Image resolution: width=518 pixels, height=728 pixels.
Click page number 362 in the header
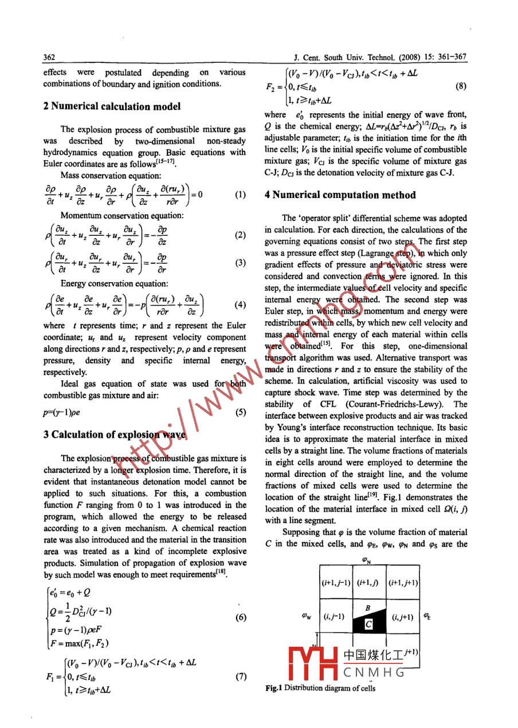coord(49,57)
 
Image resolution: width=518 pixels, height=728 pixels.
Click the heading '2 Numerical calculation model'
coord(112,106)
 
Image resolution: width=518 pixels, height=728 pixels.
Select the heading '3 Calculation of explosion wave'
coord(115,434)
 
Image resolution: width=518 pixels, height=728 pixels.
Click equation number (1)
coord(241,195)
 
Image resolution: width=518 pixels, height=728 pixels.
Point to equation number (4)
coord(241,305)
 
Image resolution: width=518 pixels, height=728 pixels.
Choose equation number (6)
coord(241,618)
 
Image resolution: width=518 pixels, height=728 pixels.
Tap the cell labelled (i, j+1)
coord(403,617)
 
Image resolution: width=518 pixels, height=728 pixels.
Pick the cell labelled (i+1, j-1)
coord(335,583)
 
